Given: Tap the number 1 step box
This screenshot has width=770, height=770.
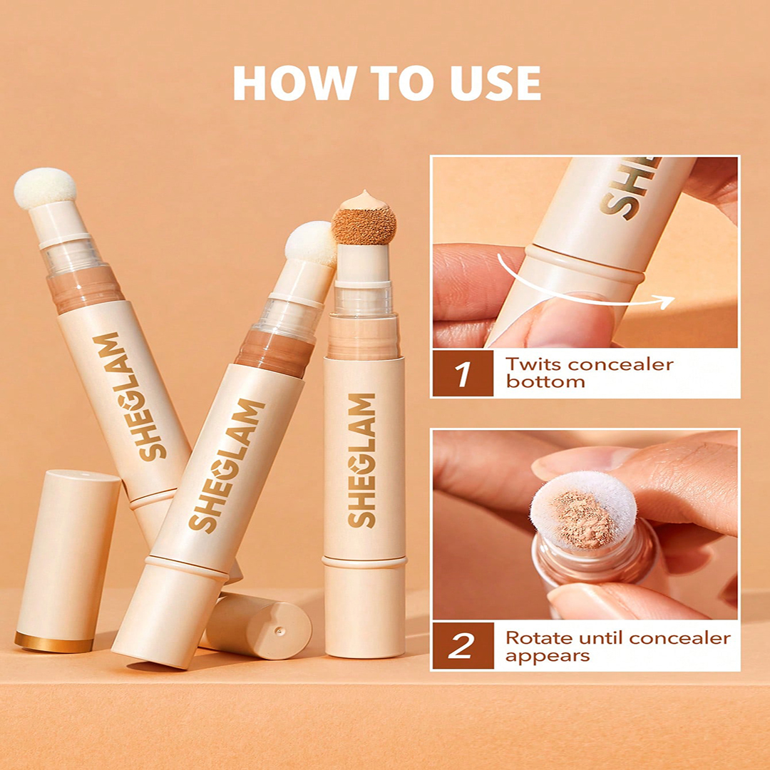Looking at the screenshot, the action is tap(463, 374).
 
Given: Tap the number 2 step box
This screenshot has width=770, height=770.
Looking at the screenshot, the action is tap(463, 645).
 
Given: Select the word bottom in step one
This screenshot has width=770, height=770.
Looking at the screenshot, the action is tap(545, 381).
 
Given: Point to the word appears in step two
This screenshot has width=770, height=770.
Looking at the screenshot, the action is tap(547, 656).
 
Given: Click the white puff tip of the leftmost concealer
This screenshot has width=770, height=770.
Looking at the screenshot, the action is tap(45, 188).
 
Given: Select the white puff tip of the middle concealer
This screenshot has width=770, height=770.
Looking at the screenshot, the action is tap(310, 244).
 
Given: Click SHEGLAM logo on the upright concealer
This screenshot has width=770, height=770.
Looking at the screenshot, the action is tap(362, 460).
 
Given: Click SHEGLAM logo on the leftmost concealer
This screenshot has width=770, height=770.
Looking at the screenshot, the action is tap(129, 396).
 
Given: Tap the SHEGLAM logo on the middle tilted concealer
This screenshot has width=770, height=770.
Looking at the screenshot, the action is tap(227, 466).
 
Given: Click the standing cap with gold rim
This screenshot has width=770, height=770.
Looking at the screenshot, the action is tap(68, 561).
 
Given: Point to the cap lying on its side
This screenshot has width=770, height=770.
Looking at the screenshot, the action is tap(255, 625).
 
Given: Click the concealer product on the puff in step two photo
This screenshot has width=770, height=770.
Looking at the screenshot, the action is tap(585, 520).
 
